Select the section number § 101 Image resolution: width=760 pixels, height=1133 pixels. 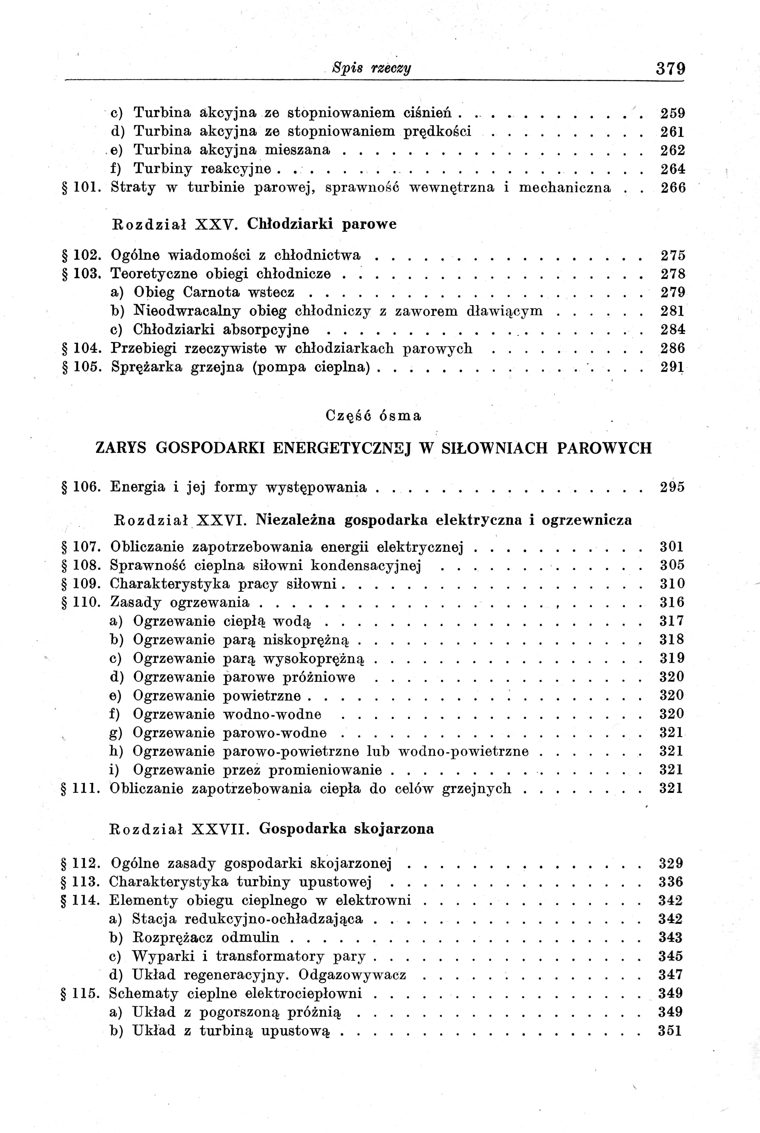81,188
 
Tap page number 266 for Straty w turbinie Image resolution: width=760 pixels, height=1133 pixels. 673,188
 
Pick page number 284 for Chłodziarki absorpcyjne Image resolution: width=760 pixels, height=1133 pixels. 673,330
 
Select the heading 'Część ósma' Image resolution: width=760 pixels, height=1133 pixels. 373,416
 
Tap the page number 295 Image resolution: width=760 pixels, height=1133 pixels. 672,487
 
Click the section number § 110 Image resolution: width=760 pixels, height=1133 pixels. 81,602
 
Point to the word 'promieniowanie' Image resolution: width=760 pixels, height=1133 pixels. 325,770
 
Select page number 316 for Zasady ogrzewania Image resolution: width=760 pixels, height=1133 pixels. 672,602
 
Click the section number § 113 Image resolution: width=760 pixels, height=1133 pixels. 81,881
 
